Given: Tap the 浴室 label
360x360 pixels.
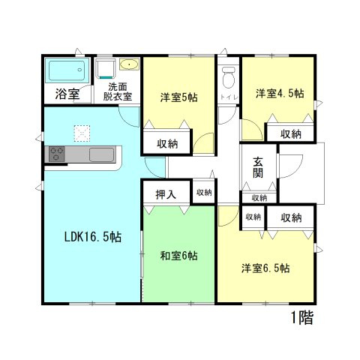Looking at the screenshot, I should [68, 94].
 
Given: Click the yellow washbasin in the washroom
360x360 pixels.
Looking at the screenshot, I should [128, 64].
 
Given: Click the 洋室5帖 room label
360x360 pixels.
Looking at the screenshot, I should [178, 97].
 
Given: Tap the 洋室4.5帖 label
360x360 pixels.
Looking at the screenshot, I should [280, 94].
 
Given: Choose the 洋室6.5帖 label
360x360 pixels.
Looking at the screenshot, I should [265, 268].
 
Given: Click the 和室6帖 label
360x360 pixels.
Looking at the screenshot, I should [178, 256].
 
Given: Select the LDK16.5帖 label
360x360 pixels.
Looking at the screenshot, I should [91, 238].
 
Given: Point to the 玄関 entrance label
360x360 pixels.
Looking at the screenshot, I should [258, 166].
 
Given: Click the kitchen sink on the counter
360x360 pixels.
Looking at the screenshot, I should [101, 154].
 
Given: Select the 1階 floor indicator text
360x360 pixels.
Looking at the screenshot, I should [301, 317].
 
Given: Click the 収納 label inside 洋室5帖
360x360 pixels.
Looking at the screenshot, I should [167, 142].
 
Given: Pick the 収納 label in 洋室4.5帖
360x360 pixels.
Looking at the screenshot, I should [291, 133].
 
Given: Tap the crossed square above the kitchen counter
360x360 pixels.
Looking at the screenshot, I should [81, 133].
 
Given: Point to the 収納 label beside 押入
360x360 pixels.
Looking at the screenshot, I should [203, 193].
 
